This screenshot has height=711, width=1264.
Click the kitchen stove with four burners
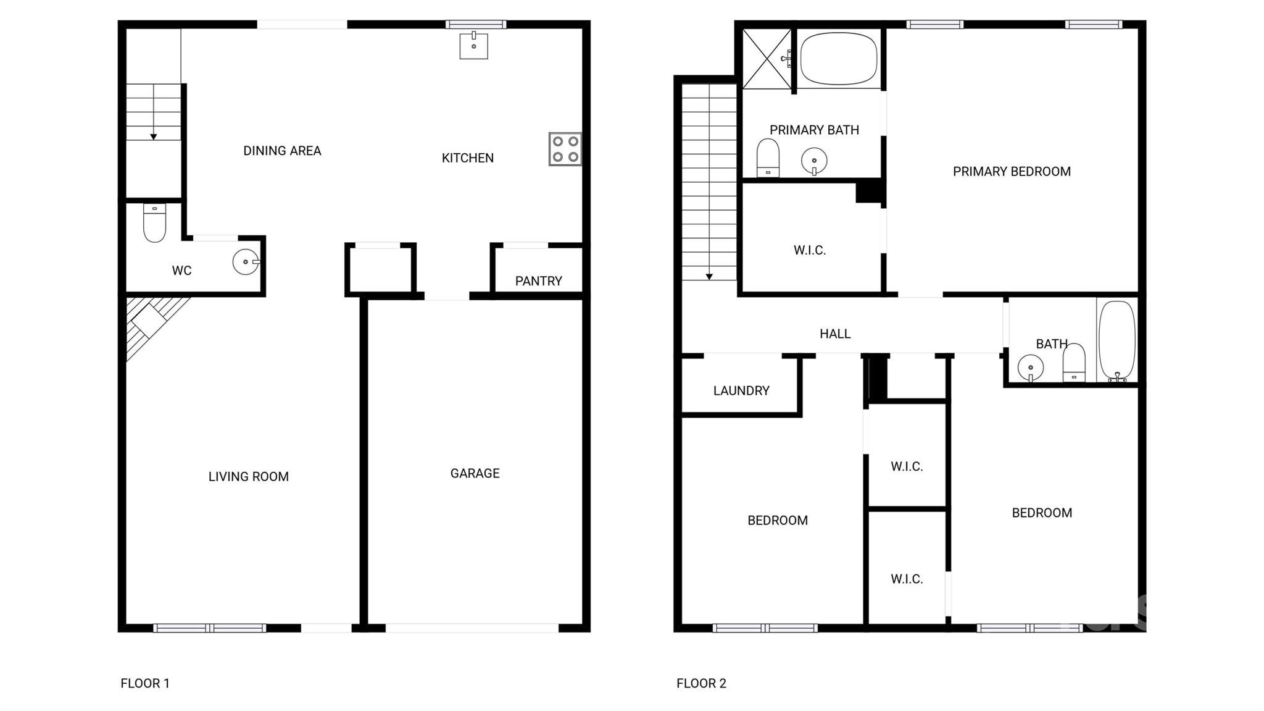click(x=565, y=149)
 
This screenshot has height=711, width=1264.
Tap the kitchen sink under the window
click(x=473, y=46)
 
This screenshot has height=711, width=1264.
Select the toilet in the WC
click(x=154, y=222)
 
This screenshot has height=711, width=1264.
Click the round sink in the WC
click(x=246, y=262)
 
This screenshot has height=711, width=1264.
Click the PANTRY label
click(x=538, y=281)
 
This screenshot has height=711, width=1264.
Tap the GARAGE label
click(x=475, y=473)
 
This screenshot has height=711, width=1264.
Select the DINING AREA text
click(x=282, y=151)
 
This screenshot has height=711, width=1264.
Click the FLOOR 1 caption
click(x=145, y=683)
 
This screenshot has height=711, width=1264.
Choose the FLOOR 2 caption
click(x=701, y=683)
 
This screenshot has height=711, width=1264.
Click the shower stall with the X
click(x=767, y=59)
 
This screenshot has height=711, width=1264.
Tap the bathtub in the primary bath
click(x=839, y=59)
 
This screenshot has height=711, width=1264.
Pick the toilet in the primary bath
click(x=768, y=158)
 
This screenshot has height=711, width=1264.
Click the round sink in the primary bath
click(x=814, y=161)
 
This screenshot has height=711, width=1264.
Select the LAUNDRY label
click(x=741, y=390)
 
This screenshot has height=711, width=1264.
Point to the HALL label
click(x=835, y=334)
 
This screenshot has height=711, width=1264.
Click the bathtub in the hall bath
click(x=1117, y=340)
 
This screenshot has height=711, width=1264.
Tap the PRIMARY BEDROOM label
click(x=1012, y=172)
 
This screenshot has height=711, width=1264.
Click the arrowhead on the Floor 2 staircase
click(x=709, y=277)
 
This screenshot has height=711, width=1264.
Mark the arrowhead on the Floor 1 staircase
click(x=154, y=137)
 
